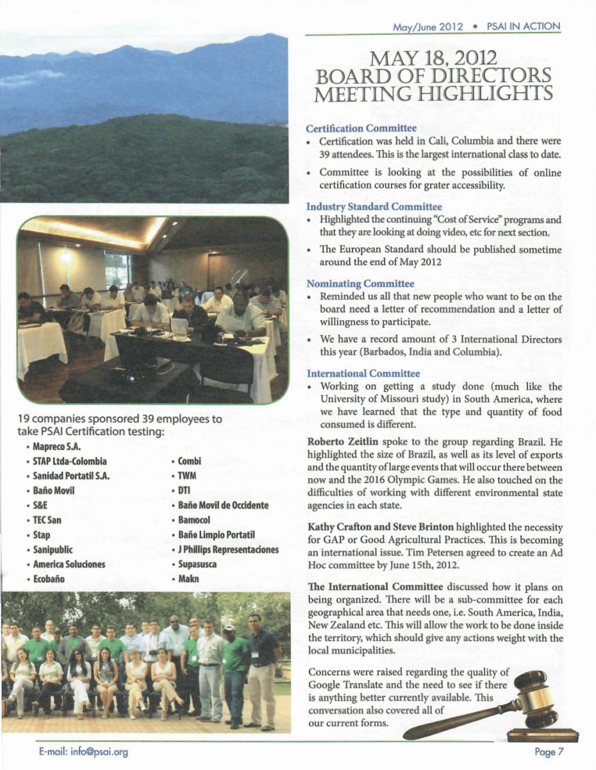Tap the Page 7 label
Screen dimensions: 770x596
tap(547, 751)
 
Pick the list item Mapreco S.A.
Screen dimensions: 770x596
tap(56, 447)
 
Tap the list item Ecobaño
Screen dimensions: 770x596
tap(49, 579)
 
